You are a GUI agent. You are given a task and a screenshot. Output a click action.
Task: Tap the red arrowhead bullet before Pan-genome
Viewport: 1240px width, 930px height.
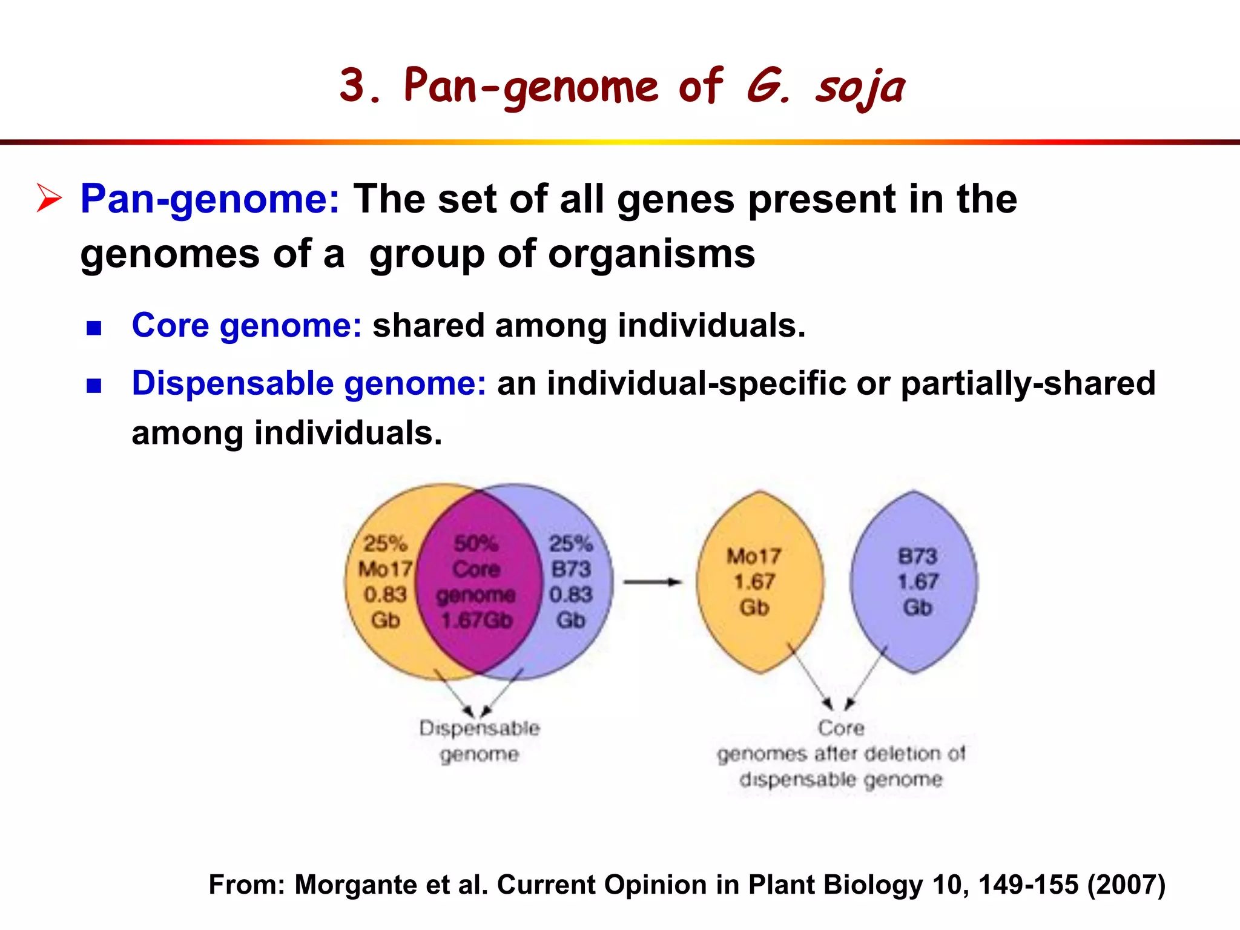tap(49, 198)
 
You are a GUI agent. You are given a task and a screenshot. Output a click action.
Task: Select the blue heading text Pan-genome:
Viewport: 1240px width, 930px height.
tap(210, 199)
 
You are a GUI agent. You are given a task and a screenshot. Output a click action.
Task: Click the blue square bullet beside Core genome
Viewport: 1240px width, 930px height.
tap(94, 328)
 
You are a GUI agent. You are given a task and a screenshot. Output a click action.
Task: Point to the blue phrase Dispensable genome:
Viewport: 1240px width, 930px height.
tap(309, 383)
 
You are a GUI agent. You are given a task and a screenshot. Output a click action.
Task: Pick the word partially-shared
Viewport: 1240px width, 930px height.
tap(1028, 383)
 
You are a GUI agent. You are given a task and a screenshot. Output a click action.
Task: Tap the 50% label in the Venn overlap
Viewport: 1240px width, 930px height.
tap(476, 543)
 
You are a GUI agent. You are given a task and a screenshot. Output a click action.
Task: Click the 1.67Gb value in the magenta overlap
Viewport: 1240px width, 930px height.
tap(477, 621)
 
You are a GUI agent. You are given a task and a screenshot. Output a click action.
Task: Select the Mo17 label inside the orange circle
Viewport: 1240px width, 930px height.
tap(385, 569)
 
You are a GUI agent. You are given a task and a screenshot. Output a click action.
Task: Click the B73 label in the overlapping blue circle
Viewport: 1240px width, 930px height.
tap(570, 569)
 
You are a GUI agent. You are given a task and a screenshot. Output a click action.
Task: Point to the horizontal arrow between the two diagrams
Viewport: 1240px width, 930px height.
tap(652, 582)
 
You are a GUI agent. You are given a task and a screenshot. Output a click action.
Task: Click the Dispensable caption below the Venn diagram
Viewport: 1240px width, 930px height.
tap(479, 728)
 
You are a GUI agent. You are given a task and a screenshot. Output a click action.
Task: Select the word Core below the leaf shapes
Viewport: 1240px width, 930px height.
tap(841, 728)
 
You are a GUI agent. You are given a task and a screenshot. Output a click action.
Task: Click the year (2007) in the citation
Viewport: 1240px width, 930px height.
tap(1126, 885)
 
